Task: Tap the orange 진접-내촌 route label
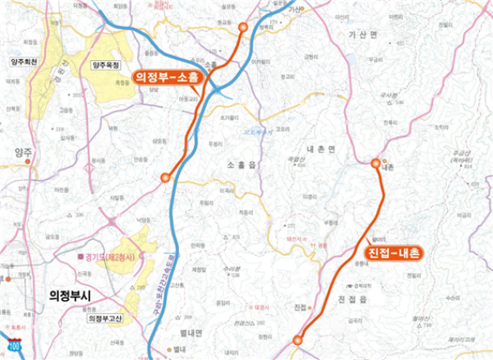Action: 391,253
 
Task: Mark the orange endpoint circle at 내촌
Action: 376,163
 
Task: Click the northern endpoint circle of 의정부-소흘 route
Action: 242,27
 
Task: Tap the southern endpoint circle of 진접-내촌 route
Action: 297,339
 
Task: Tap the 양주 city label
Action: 22,153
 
